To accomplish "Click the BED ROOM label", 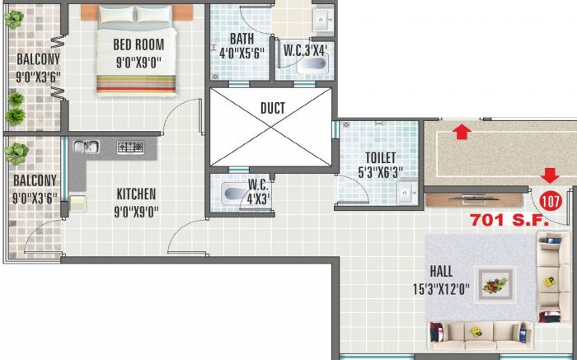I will click(x=138, y=44).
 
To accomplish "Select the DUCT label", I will click(x=272, y=108).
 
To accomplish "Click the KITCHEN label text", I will click(x=135, y=194).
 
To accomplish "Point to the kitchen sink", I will click(x=86, y=147).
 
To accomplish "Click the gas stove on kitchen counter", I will click(x=130, y=147).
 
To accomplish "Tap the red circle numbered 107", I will click(x=551, y=199).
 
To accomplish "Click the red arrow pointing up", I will click(x=462, y=129).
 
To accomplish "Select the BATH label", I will click(x=242, y=39).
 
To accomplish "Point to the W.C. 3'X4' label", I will click(x=306, y=50).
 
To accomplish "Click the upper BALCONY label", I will click(x=36, y=59).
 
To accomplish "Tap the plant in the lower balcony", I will click(x=16, y=152).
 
